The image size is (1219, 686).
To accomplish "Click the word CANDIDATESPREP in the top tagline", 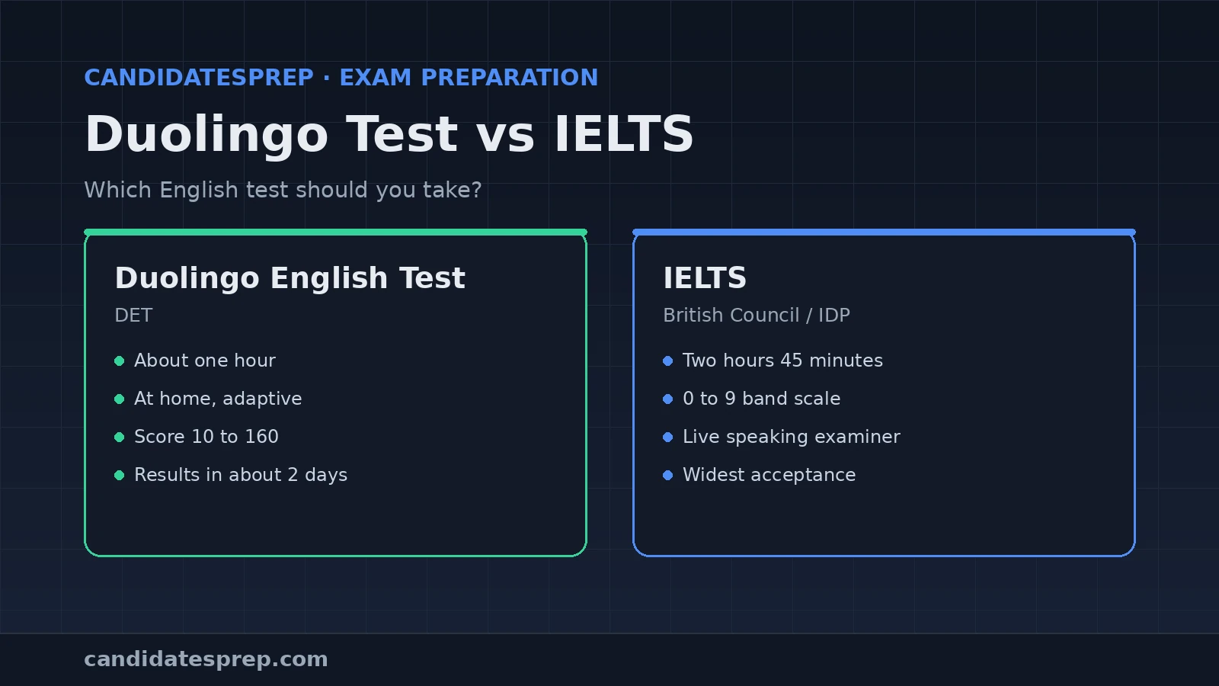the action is pos(199,77).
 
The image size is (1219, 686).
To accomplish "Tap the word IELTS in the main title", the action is pos(624,134).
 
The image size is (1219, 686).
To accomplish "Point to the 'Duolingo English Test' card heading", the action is pos(290,277).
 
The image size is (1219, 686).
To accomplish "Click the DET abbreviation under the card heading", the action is pos(133,316).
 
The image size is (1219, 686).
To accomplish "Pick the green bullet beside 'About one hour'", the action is pos(120,361).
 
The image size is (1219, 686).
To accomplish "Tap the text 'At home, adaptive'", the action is pos(218,399).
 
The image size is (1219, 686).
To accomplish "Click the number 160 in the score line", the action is pos(261,437).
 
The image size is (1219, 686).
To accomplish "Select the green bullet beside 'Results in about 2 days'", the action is pos(120,476).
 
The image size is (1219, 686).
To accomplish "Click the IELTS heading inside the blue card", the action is pos(705,277).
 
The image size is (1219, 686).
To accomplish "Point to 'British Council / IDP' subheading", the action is pos(757,316).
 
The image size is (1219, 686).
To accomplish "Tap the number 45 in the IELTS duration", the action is pos(792,361).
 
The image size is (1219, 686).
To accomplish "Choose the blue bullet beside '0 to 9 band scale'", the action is pos(668,399).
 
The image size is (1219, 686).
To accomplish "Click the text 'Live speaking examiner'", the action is pos(792,437).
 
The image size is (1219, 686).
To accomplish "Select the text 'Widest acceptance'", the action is pos(769,475).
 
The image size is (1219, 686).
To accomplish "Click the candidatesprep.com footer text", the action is pos(206,659).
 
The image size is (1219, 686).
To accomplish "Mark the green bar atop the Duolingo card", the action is pos(336,232).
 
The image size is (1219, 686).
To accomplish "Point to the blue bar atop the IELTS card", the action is pos(884,232).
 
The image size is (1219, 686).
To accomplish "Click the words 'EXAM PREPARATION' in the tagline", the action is pos(469,77).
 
